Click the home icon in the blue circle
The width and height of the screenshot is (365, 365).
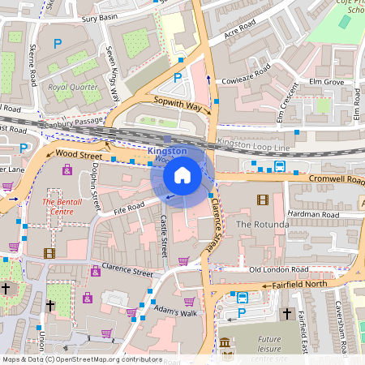coord(182,174)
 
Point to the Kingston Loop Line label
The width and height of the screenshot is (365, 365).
coord(252,144)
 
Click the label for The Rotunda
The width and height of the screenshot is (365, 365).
coord(262,223)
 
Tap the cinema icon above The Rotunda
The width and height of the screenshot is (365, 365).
coord(262,200)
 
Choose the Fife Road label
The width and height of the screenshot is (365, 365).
coord(128,208)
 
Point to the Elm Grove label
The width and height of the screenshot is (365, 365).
coord(327,82)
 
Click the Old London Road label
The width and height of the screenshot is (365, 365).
coord(278,268)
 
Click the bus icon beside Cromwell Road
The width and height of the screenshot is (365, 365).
coord(279,166)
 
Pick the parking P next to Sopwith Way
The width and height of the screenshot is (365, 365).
coord(178,78)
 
